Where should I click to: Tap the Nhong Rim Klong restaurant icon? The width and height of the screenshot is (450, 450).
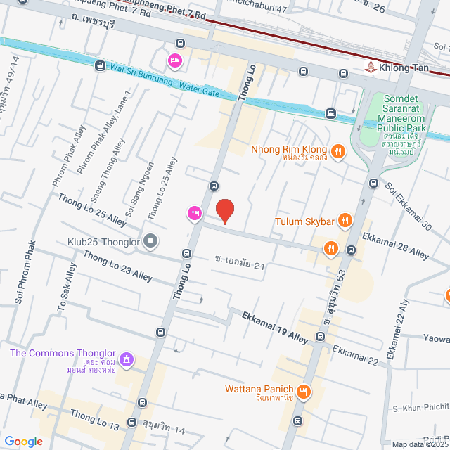[x=338, y=150]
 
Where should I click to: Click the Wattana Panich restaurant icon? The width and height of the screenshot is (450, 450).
[x=304, y=391]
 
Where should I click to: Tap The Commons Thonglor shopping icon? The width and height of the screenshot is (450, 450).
[x=126, y=361]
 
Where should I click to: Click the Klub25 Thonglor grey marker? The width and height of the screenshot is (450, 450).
[x=150, y=241]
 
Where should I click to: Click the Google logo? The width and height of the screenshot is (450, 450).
[x=23, y=441]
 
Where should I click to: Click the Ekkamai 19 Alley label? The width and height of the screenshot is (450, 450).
[x=276, y=327]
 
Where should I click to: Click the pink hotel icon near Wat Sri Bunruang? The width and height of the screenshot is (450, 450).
[x=174, y=61]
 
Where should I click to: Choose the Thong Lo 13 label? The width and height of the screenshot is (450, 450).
[x=94, y=419]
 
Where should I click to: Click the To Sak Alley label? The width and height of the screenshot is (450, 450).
[x=65, y=288]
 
